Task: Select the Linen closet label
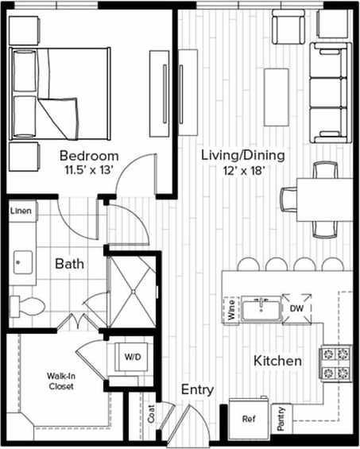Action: click(x=21, y=211)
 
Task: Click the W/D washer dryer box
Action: click(x=130, y=358)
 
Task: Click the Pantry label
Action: click(x=281, y=419)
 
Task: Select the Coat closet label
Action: click(x=151, y=414)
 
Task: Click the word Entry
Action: click(x=196, y=389)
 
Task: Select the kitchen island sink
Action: click(x=261, y=308)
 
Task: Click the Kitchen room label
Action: click(x=277, y=362)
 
